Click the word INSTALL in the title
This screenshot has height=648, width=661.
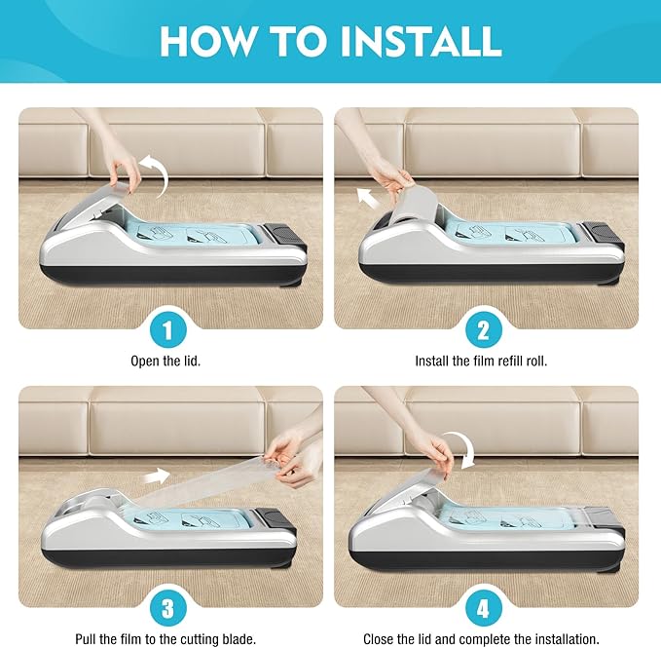click(421, 41)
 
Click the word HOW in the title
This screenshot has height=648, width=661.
click(207, 41)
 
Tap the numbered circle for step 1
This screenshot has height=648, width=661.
click(168, 330)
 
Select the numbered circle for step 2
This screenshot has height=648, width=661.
click(484, 330)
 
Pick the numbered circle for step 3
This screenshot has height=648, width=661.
click(168, 608)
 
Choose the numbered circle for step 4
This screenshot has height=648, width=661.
click(484, 608)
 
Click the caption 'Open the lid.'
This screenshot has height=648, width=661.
click(165, 362)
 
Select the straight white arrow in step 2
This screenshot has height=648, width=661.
click(368, 198)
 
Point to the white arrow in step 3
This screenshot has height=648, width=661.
click(157, 476)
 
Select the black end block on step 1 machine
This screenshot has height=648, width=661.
click(284, 235)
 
